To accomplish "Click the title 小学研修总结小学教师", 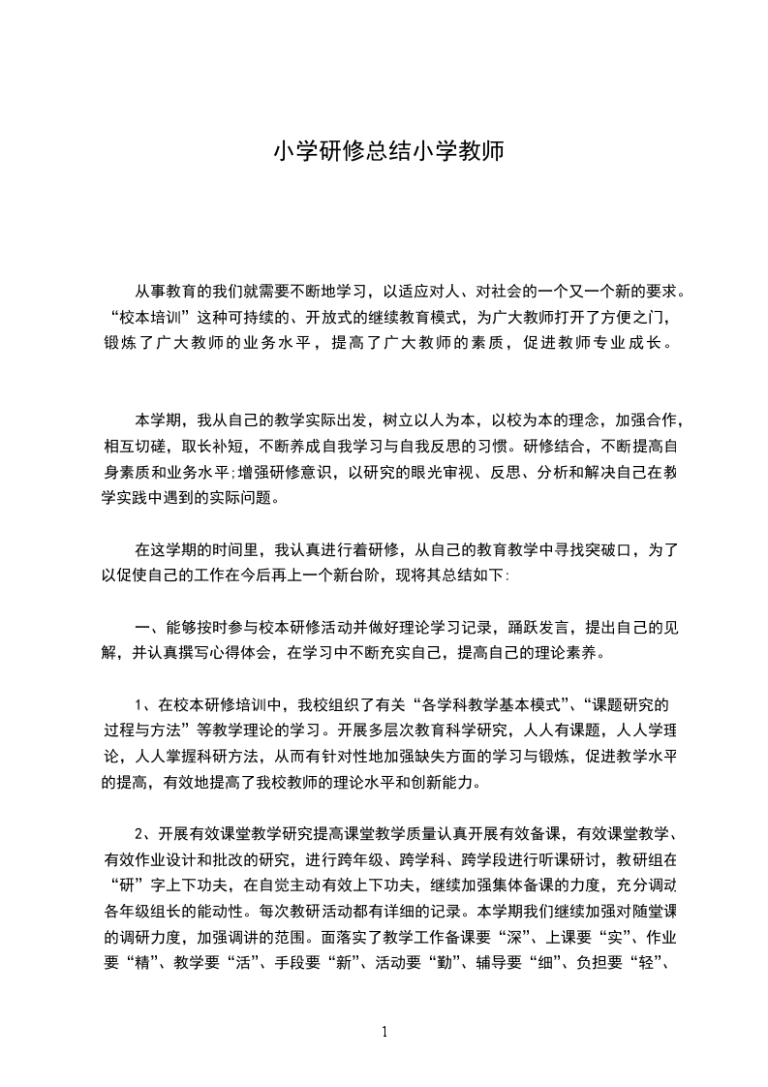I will (384, 152).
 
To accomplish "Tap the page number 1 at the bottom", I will (384, 1032).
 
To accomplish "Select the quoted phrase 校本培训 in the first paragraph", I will (149, 317).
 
